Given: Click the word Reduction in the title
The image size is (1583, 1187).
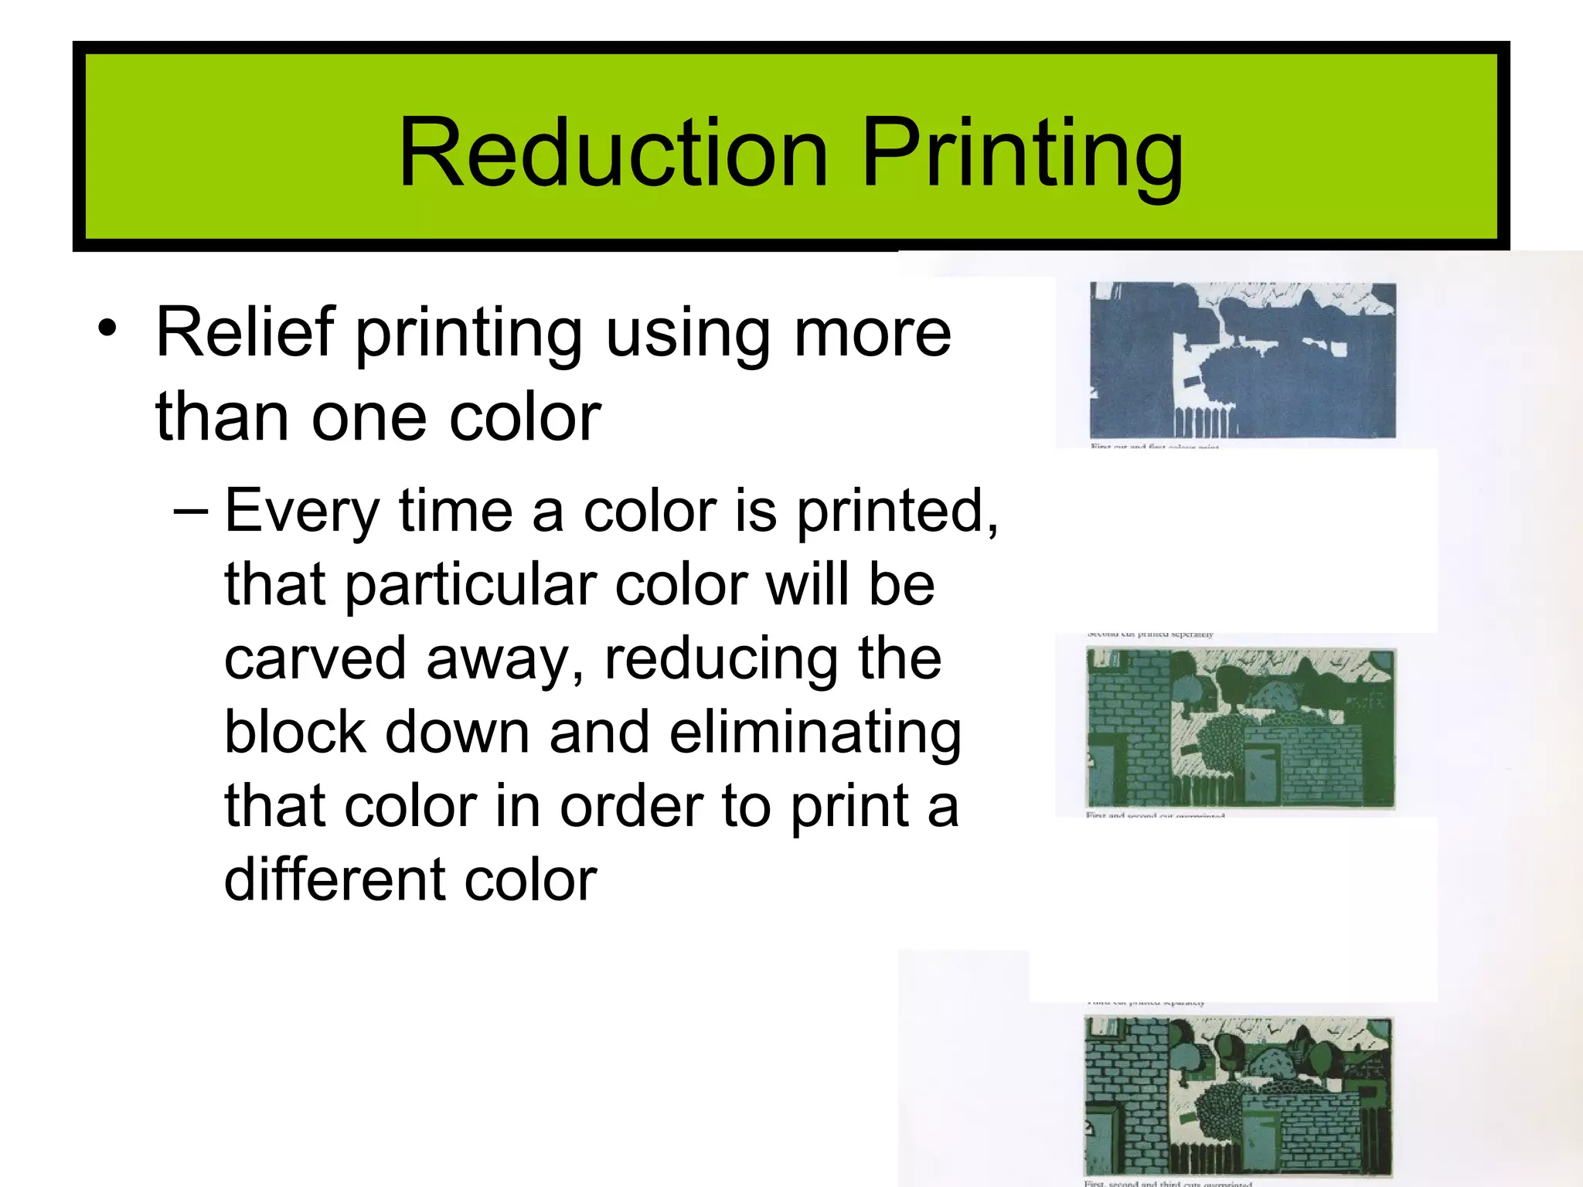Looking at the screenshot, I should click(x=614, y=152).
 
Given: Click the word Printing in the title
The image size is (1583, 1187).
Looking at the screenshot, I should click(x=1021, y=152).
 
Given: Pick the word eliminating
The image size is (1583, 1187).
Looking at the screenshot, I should click(x=815, y=732).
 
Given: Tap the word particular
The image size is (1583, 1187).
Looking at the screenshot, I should click(x=469, y=584).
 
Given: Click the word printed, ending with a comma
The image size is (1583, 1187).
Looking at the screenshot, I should click(x=897, y=512).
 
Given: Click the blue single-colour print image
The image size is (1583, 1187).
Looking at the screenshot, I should click(x=1242, y=360).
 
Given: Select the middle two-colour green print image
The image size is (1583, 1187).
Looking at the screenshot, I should click(x=1241, y=728).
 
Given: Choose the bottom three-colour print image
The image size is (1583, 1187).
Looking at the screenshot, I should click(x=1238, y=1097).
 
